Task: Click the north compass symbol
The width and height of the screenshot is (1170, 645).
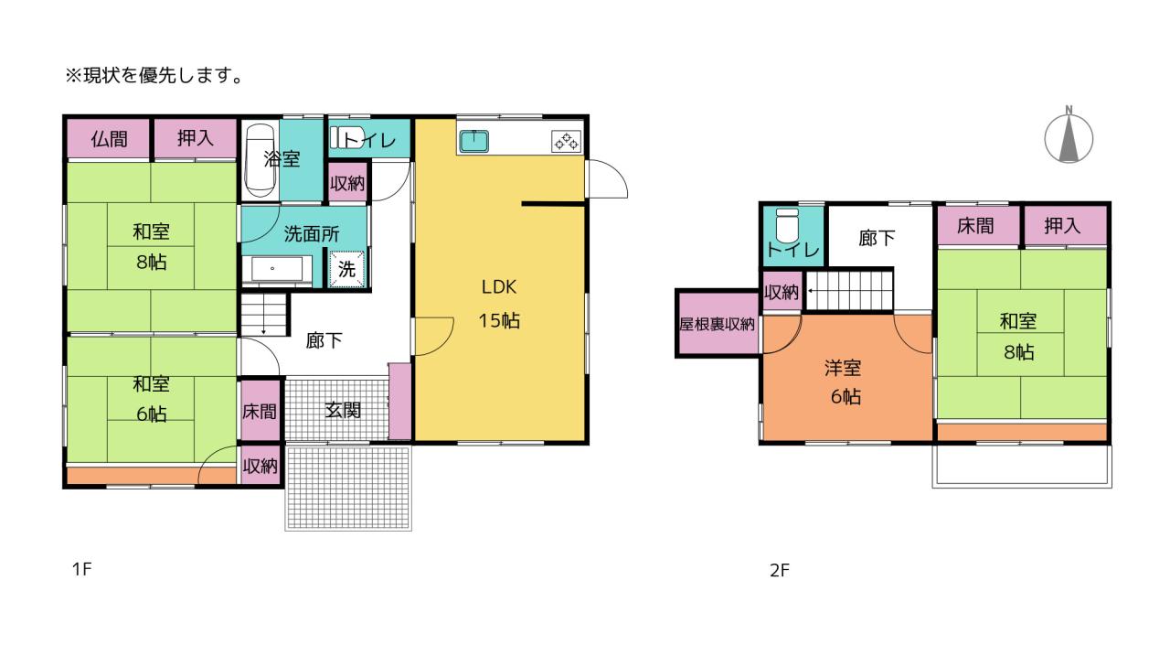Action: pyautogui.click(x=1069, y=137)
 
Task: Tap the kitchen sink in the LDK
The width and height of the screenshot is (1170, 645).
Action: pyautogui.click(x=474, y=141)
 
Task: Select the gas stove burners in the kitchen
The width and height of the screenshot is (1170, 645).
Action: pyautogui.click(x=566, y=141)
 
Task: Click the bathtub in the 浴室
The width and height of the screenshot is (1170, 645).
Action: pyautogui.click(x=261, y=160)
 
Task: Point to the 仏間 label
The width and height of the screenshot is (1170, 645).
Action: pyautogui.click(x=109, y=139)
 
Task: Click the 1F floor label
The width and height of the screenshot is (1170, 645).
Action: pyautogui.click(x=81, y=569)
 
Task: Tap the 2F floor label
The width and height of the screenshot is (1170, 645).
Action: pyautogui.click(x=780, y=570)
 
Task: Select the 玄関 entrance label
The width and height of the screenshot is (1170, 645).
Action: pyautogui.click(x=343, y=410)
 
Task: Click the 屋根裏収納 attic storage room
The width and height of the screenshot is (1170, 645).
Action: pyautogui.click(x=718, y=324)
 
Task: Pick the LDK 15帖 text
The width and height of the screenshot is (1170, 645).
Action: pyautogui.click(x=499, y=304)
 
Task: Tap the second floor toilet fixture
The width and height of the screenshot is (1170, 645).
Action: pyautogui.click(x=787, y=225)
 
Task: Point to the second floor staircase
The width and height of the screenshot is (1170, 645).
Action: pyautogui.click(x=849, y=290)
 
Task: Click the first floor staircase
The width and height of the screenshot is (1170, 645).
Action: pyautogui.click(x=264, y=315)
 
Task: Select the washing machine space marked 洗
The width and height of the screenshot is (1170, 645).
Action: pyautogui.click(x=346, y=269)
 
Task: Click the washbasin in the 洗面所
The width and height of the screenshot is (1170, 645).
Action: pyautogui.click(x=277, y=270)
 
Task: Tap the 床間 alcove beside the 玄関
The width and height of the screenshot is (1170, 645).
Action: pyautogui.click(x=260, y=411)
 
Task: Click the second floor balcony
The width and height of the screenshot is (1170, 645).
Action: pyautogui.click(x=1022, y=467)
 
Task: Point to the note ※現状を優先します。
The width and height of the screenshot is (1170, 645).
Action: pyautogui.click(x=154, y=75)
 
